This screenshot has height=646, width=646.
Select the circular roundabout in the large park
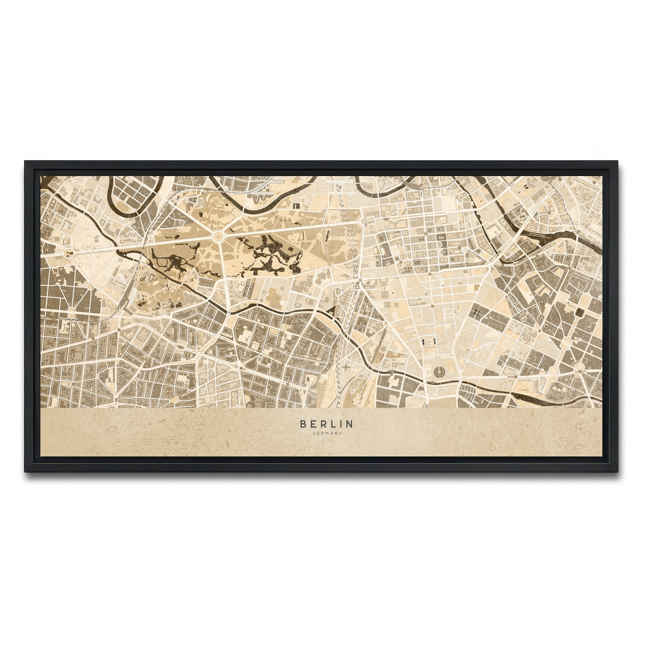[x=219, y=236]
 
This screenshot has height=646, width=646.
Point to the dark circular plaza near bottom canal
[x=439, y=371]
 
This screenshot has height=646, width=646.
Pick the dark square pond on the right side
[x=579, y=312]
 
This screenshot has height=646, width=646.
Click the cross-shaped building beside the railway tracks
[x=345, y=368]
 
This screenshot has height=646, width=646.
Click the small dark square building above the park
[x=296, y=205]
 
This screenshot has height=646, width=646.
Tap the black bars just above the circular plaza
[x=427, y=342]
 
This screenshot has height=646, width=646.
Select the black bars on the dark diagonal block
[x=478, y=312]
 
